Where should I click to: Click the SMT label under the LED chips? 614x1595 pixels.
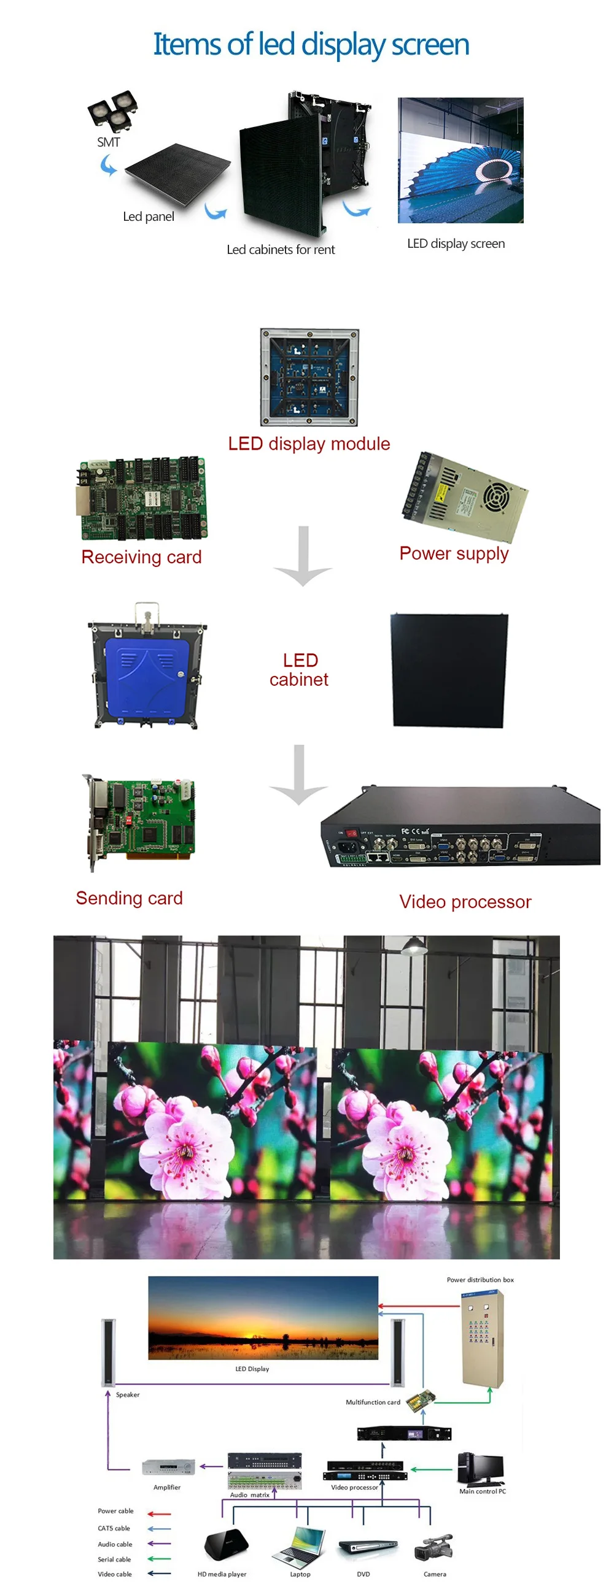pos(109,142)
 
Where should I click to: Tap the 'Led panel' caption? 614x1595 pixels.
pos(148,217)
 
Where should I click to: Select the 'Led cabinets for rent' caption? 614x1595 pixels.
pos(280,250)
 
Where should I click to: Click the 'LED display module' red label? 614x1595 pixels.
pos(309,444)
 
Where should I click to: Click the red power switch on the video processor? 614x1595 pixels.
pos(351,833)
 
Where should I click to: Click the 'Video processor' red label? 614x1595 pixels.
pos(465,902)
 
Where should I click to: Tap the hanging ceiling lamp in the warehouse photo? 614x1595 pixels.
pos(414,945)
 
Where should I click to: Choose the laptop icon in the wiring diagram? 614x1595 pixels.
pos(299,1545)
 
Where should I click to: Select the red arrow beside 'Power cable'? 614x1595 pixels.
pos(159,1513)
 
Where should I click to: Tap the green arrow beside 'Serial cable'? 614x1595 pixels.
pos(159,1558)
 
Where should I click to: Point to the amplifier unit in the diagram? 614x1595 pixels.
pos(168,1467)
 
